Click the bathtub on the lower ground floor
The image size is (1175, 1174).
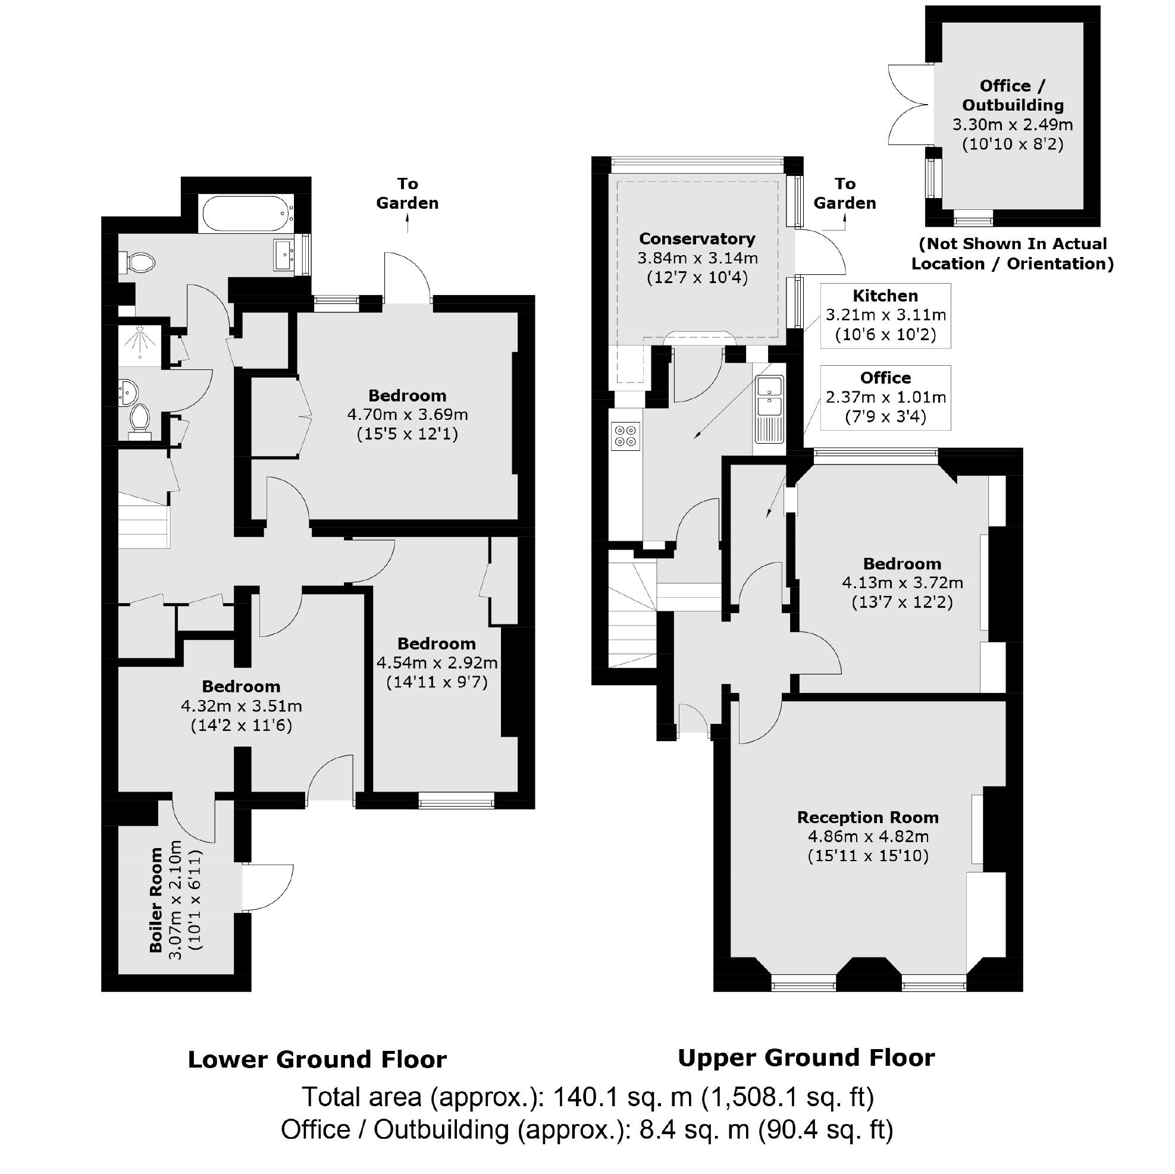point(245,213)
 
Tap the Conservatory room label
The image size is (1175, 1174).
point(697,239)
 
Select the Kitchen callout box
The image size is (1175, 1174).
point(885,316)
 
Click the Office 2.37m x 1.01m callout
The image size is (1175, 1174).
point(885,398)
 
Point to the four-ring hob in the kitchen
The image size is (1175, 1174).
point(626,436)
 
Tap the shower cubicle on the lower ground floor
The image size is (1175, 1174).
point(140,346)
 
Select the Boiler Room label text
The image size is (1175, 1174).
point(156,900)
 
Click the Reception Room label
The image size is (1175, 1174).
point(868,817)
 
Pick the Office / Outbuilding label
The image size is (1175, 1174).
point(1012,95)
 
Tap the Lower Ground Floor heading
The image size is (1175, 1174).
point(317,1059)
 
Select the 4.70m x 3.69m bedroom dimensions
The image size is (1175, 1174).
point(408,415)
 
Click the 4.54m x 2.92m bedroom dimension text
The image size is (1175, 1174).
point(437,662)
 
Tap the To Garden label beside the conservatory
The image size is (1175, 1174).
point(844,193)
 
